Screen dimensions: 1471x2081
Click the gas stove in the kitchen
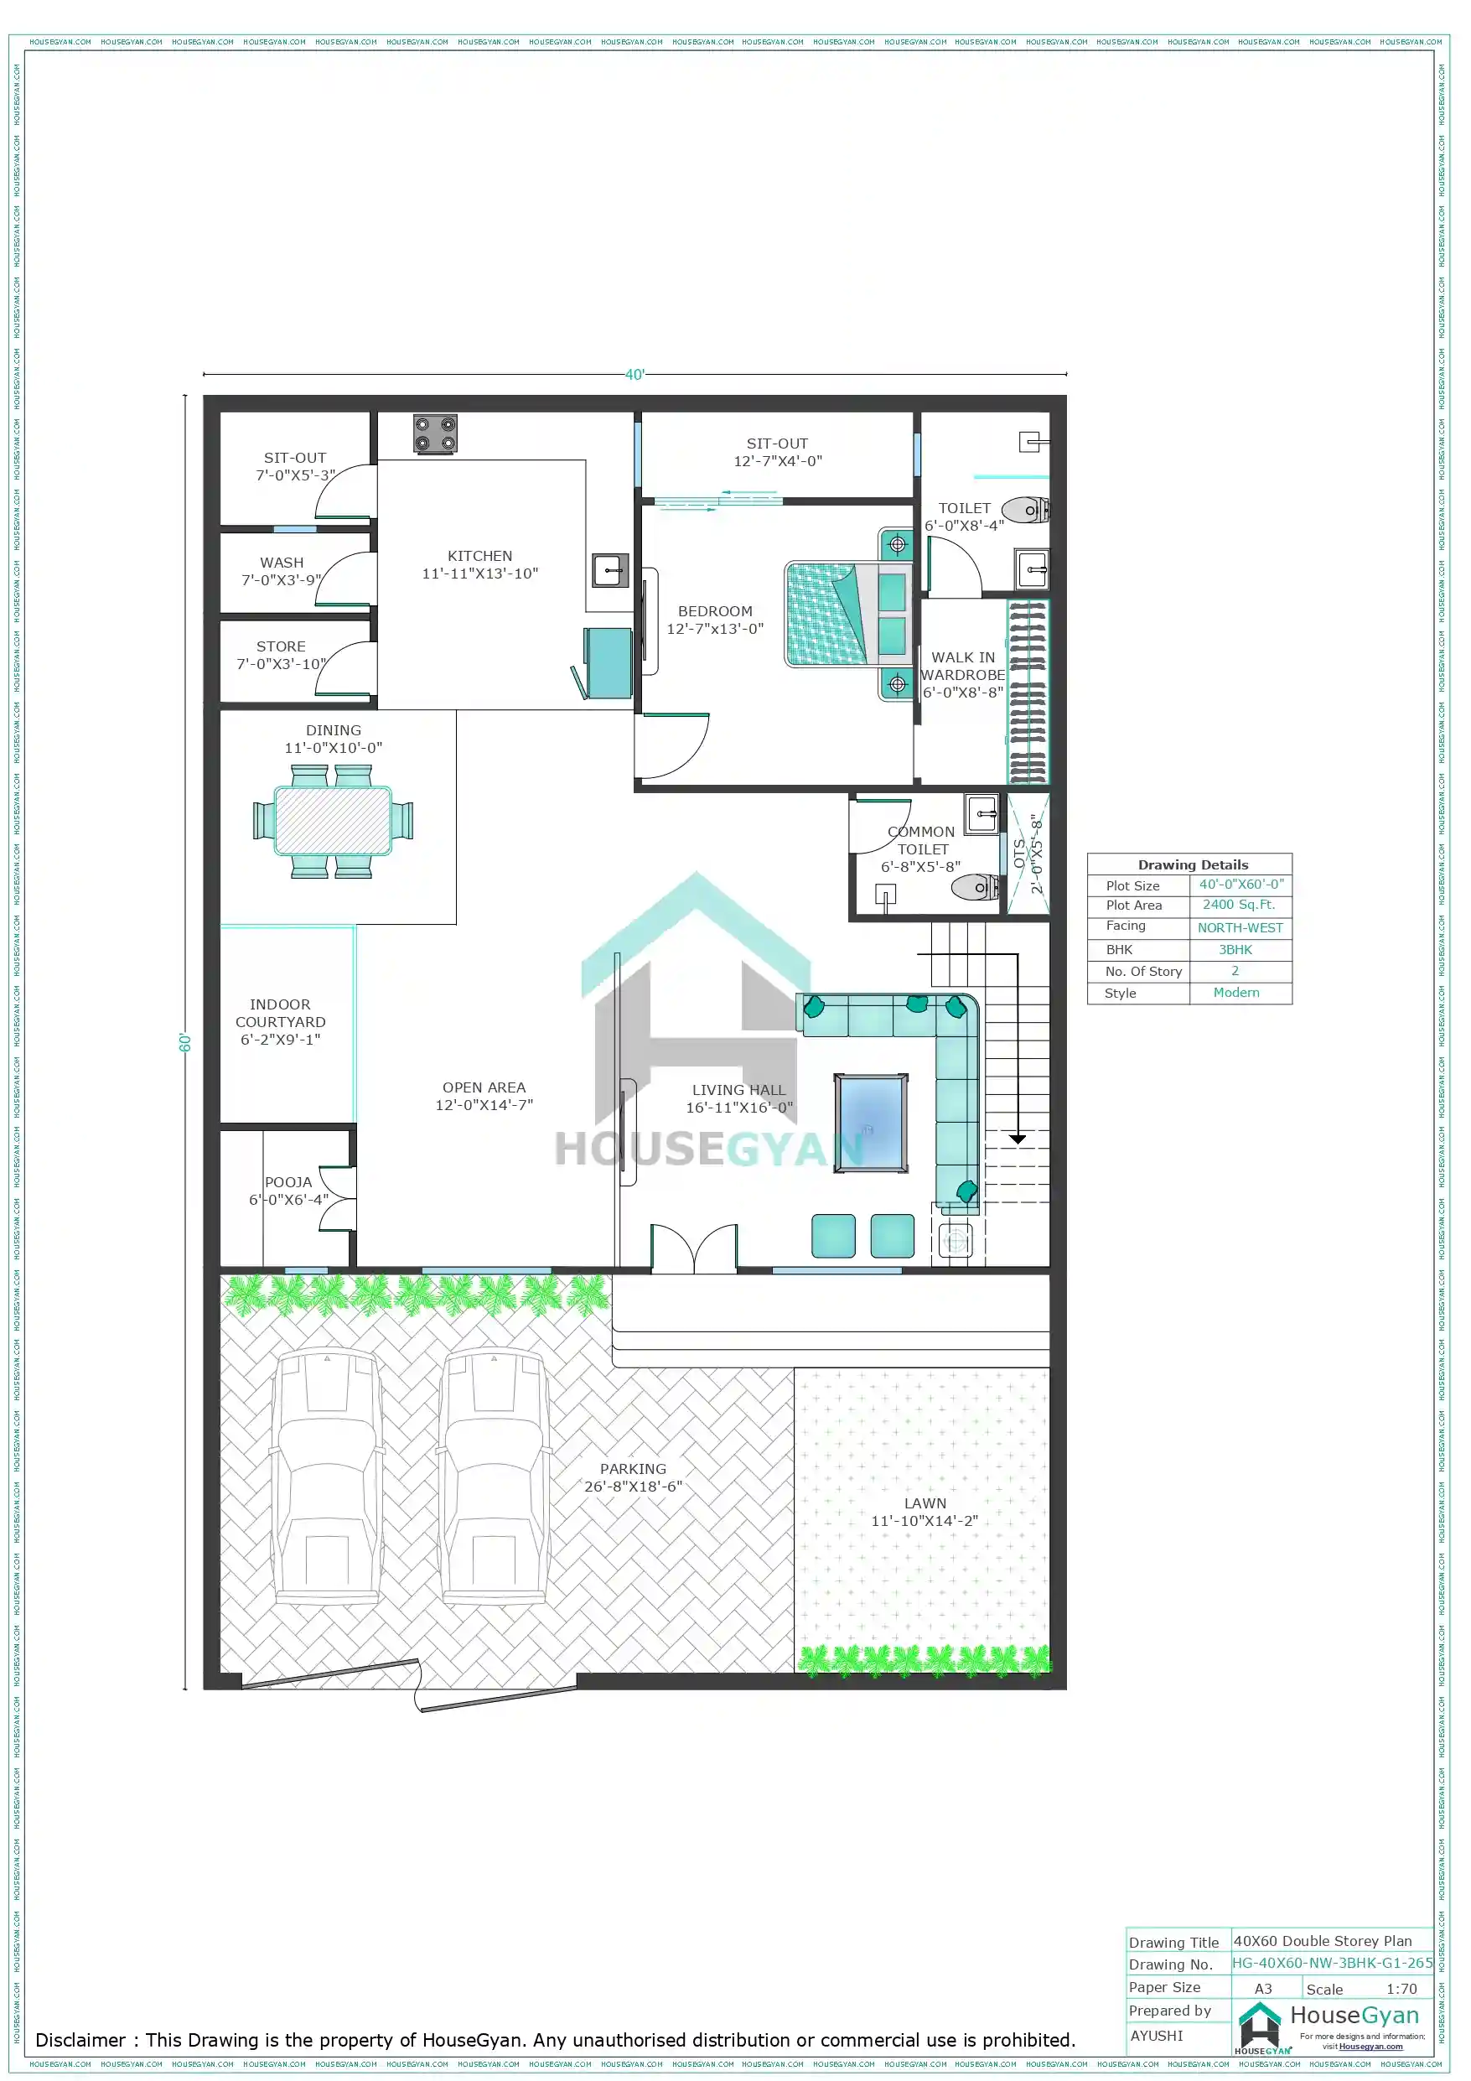435,434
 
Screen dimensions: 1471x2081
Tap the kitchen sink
610,570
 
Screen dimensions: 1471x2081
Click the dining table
334,820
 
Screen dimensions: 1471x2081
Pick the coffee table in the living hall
870,1123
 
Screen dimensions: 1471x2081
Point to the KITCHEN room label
479,556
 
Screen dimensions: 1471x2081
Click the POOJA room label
288,1182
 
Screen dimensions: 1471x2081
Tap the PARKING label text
633,1468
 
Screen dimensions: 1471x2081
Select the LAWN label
925,1502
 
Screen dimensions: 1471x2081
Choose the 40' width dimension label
634,374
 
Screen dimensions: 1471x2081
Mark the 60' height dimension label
186,1042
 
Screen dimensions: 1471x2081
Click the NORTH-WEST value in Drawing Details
1240,927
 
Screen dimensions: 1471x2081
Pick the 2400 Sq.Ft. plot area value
1238,905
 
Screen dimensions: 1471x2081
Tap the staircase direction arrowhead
1017,1139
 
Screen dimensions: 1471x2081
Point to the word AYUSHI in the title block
1157,2035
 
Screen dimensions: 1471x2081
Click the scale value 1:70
1401,1989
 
